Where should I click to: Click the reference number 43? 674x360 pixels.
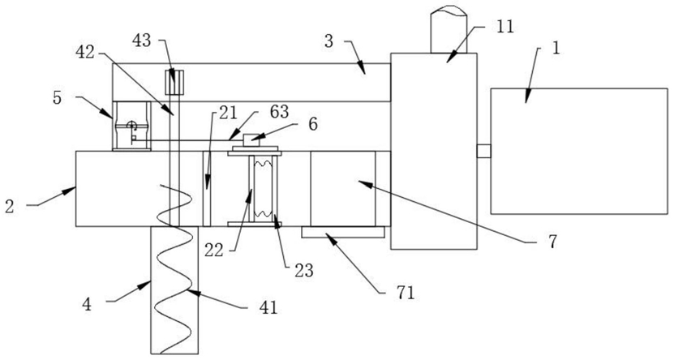click(141, 41)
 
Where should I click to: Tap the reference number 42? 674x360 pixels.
click(84, 52)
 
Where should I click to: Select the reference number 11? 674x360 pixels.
click(505, 27)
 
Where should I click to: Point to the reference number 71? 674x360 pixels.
click(406, 293)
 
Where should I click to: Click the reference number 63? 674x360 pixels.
click(279, 111)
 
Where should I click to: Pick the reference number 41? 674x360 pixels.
click(268, 307)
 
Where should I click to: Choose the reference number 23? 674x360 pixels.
click(304, 270)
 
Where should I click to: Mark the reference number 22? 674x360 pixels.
click(213, 250)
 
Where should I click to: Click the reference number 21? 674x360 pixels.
click(228, 113)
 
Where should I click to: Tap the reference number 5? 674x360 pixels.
click(57, 98)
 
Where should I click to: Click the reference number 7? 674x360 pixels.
click(553, 242)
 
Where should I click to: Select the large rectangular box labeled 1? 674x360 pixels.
click(579, 151)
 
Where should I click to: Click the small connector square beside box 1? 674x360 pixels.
click(483, 152)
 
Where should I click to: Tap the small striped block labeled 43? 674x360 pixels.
click(174, 82)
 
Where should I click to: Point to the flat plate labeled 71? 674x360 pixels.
click(342, 232)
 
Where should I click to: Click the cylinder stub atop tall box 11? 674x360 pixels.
click(449, 29)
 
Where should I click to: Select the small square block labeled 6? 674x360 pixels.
click(251, 140)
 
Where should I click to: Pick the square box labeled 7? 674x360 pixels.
click(343, 189)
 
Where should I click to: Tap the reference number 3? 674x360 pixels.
click(328, 41)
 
